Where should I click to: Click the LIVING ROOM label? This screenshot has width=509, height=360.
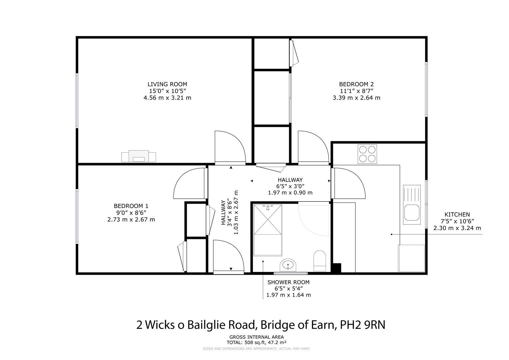(x=167, y=84)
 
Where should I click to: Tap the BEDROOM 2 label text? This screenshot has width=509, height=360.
(x=356, y=84)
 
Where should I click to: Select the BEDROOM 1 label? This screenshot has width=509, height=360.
(x=131, y=206)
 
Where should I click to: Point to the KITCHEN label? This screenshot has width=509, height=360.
(x=457, y=215)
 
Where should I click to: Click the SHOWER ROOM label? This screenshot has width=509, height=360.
(x=288, y=282)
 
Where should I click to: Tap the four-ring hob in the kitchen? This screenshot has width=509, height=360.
(x=367, y=154)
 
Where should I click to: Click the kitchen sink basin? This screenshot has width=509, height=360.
(x=412, y=213)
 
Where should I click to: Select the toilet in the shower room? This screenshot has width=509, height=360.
(x=319, y=261)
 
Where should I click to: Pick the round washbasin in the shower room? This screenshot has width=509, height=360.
(x=288, y=265)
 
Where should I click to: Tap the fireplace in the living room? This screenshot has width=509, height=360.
(x=139, y=156)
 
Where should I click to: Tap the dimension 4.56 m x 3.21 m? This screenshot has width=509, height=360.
(x=167, y=98)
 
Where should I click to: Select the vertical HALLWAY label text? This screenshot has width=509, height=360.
(x=223, y=213)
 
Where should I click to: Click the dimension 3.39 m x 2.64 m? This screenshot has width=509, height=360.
(x=356, y=98)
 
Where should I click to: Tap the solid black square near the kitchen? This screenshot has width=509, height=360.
(x=337, y=268)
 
